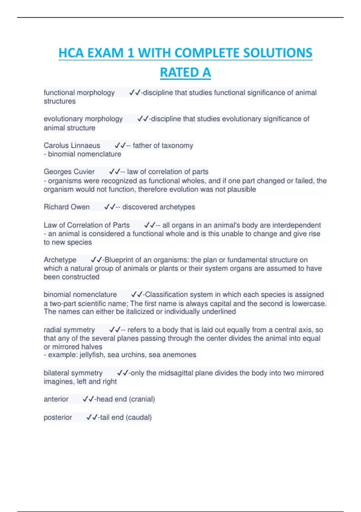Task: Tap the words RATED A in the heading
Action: [x=185, y=73]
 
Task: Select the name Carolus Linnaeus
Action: [x=72, y=145]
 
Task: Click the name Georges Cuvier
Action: [x=69, y=172]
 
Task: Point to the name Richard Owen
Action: [x=66, y=207]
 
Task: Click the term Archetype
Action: [x=60, y=260]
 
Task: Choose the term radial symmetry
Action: [x=69, y=330]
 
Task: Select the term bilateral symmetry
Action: [x=73, y=373]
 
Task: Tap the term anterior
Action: [x=56, y=399]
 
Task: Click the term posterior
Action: [x=58, y=417]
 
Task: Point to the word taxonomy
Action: [x=177, y=145]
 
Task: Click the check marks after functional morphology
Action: [x=134, y=92]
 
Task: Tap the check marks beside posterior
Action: [x=92, y=417]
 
